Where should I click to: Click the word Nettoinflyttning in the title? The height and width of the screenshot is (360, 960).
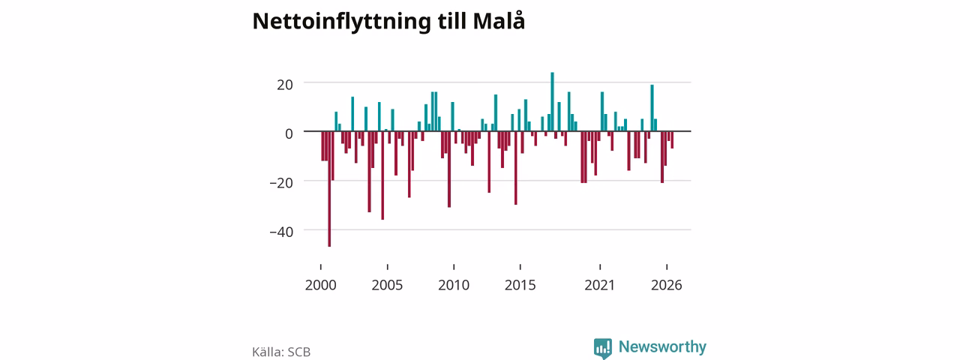(x=341, y=22)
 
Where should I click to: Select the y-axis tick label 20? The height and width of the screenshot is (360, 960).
(x=285, y=85)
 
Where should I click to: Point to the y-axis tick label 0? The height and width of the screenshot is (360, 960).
(x=289, y=133)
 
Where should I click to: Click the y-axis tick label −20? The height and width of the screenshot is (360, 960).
(x=281, y=183)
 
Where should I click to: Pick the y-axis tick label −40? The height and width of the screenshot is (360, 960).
(x=281, y=232)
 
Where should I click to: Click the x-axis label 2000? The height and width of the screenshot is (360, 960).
(x=320, y=285)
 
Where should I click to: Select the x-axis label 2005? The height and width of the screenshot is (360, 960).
(x=387, y=285)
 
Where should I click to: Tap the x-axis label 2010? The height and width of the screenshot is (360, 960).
(x=454, y=285)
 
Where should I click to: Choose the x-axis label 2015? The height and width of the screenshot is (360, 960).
(x=520, y=285)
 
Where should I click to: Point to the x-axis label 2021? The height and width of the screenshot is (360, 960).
(x=599, y=285)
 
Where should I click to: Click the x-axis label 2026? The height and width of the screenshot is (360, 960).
(x=667, y=285)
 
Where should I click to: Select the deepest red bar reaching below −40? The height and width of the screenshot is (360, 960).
(x=329, y=189)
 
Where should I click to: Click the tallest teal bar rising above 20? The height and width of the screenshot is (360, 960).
(x=552, y=101)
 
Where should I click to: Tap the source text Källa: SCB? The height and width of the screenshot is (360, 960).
(x=281, y=352)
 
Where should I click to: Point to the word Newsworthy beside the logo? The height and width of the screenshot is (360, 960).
(x=662, y=346)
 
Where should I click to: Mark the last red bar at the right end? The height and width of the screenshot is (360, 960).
(x=673, y=139)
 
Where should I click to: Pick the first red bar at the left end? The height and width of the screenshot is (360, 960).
(x=322, y=146)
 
